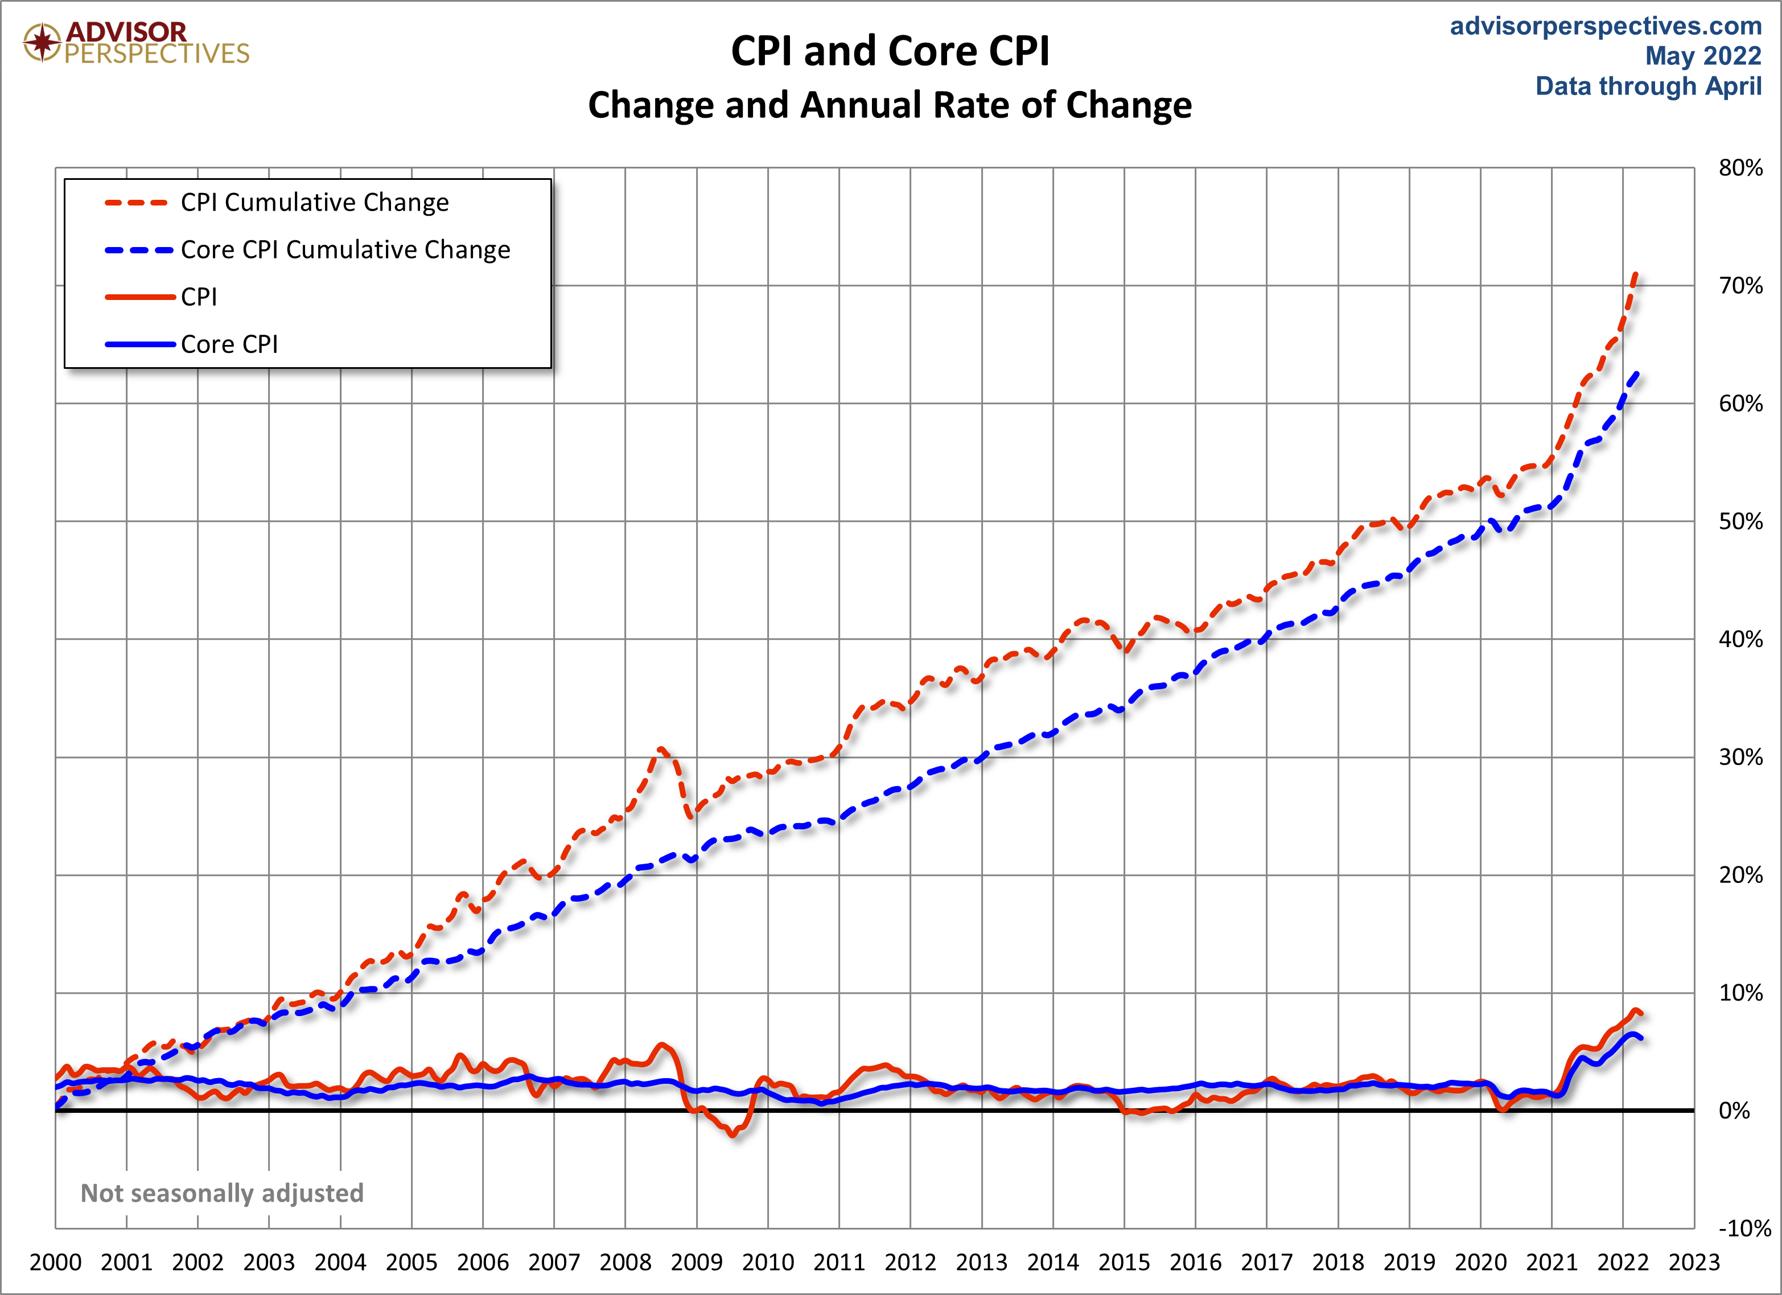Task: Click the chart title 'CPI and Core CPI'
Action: point(890,52)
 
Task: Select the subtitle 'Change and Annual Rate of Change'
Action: point(890,105)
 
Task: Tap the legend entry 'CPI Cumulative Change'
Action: point(314,203)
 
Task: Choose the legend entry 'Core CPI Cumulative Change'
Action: point(345,250)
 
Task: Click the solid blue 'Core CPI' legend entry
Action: point(229,344)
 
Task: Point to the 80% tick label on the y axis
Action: point(1740,168)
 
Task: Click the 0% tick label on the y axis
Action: point(1734,1111)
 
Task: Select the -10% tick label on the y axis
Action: point(1744,1228)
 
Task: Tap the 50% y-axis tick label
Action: point(1740,522)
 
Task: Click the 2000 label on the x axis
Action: point(55,1262)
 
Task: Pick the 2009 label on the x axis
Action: point(696,1262)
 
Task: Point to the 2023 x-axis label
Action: point(1694,1262)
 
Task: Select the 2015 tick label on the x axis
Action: point(1123,1262)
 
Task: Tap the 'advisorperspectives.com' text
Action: point(1605,26)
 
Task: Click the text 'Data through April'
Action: point(1648,85)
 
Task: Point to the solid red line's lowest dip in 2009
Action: point(733,1134)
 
